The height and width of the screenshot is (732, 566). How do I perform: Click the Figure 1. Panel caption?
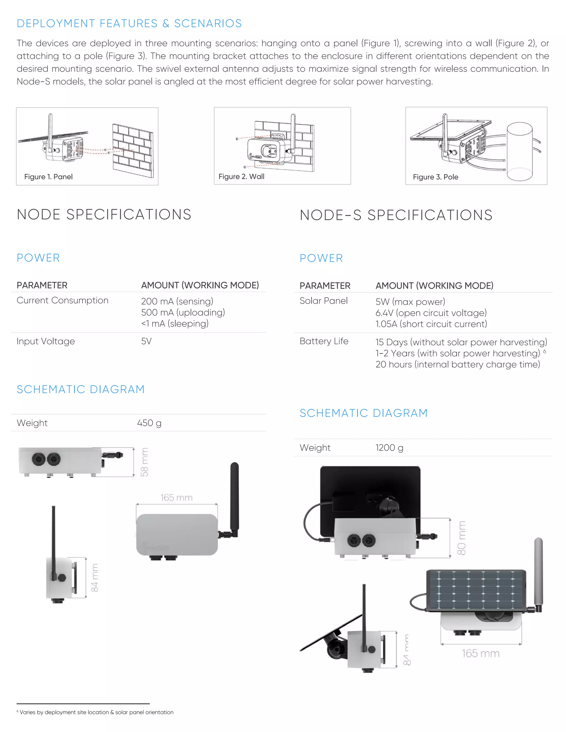tap(48, 177)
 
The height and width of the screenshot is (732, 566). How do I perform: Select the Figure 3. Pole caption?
tap(435, 177)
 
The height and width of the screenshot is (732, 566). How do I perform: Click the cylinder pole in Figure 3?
tap(519, 151)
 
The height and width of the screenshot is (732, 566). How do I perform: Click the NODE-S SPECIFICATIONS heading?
tap(396, 215)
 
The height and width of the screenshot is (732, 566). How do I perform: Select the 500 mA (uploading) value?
tap(183, 312)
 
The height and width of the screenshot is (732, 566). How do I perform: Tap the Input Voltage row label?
tap(46, 341)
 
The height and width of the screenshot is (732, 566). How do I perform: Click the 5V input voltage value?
tap(146, 341)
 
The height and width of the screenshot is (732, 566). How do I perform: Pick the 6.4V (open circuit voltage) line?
tap(431, 313)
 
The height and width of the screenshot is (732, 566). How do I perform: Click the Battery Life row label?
tap(324, 341)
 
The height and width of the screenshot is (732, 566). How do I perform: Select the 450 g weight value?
tap(149, 423)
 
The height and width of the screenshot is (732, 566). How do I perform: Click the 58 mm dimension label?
tap(145, 462)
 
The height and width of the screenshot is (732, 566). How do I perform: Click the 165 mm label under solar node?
tap(480, 653)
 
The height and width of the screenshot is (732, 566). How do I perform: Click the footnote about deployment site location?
tap(96, 712)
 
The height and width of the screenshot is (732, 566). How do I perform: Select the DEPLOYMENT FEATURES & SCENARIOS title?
tap(129, 23)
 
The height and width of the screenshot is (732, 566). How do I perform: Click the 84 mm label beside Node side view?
tap(95, 578)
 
